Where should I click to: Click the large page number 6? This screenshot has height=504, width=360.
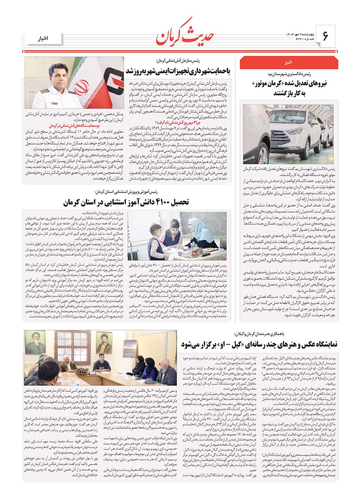point(325,36)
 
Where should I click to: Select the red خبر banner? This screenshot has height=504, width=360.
point(288,62)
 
